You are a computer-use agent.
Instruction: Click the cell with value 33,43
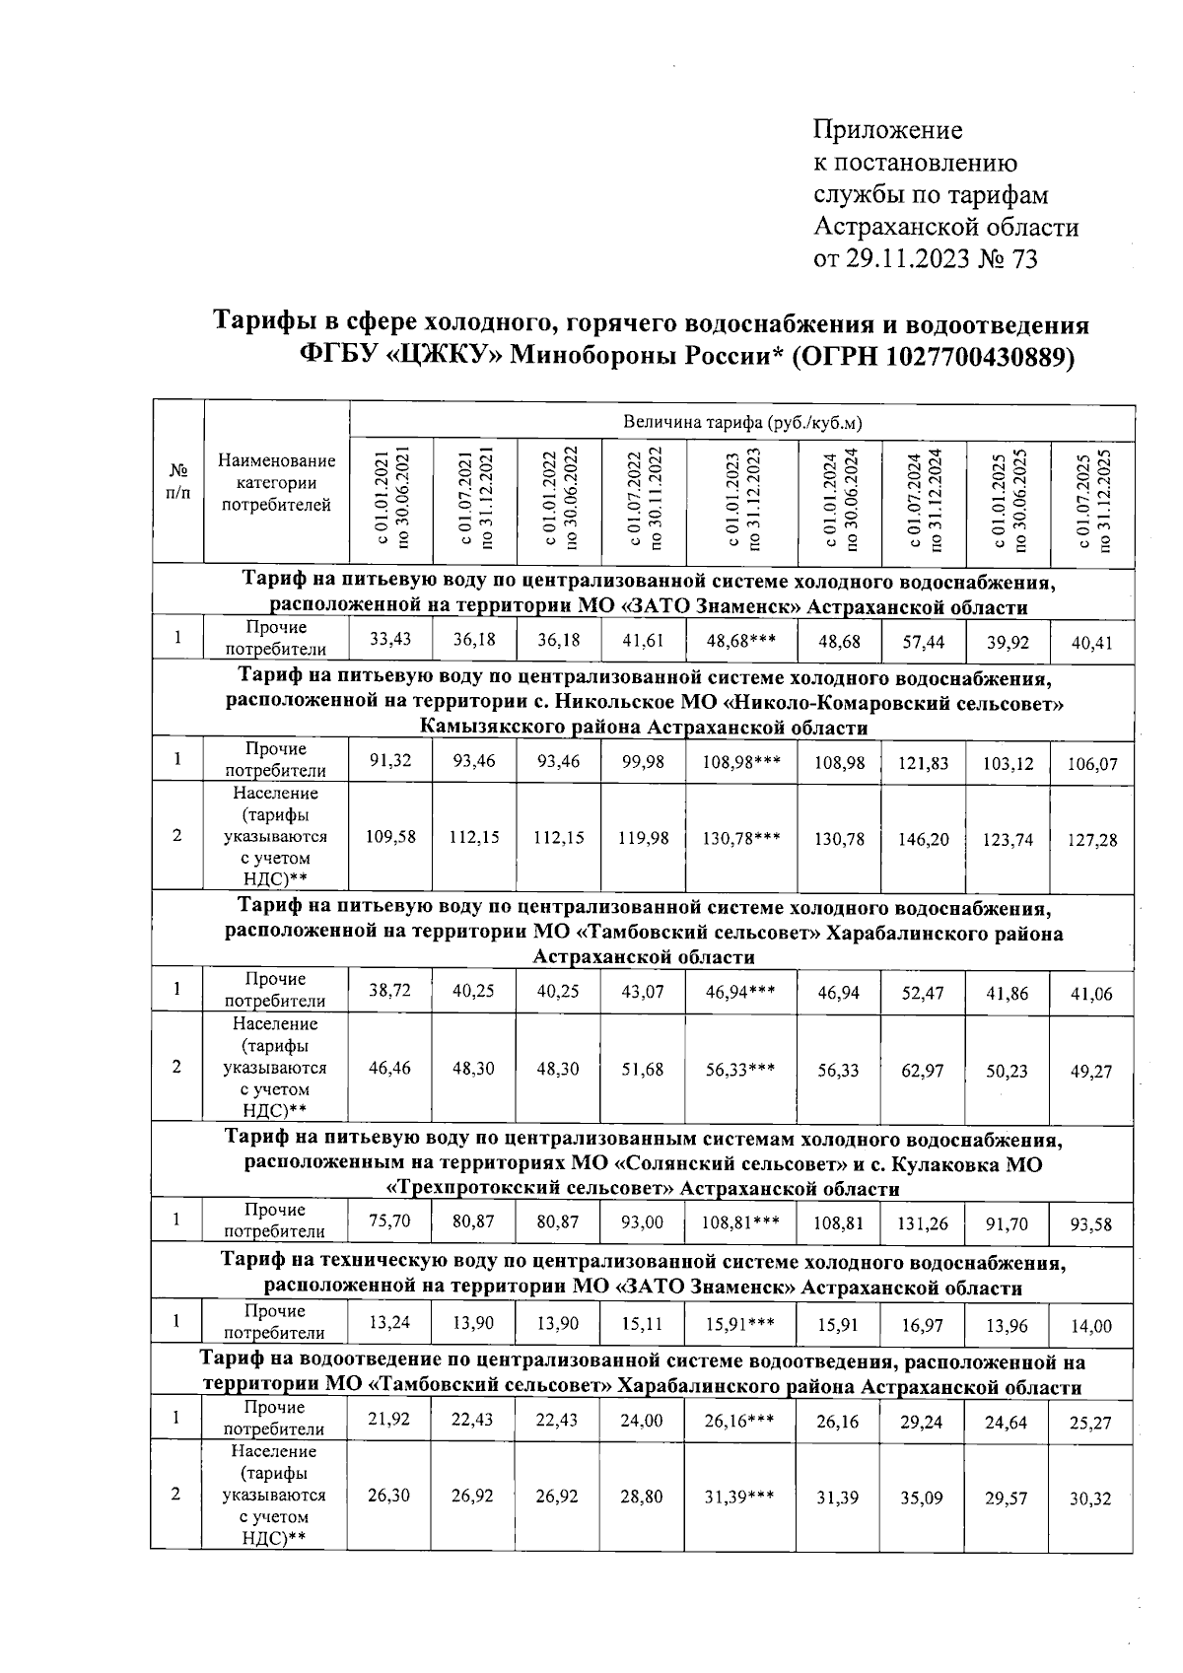(x=390, y=640)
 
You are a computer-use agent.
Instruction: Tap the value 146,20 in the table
(x=924, y=839)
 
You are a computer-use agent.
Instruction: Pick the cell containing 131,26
(x=924, y=1223)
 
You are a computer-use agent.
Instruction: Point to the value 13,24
(x=390, y=1324)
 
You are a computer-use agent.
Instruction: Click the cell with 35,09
(x=924, y=1498)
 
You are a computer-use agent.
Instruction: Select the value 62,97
(x=924, y=1071)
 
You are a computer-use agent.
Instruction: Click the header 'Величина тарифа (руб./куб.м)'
(x=742, y=423)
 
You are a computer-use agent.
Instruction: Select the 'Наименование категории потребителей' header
(x=276, y=483)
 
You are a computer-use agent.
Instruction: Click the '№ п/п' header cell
(x=177, y=481)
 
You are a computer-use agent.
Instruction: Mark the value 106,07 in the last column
(x=1091, y=764)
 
